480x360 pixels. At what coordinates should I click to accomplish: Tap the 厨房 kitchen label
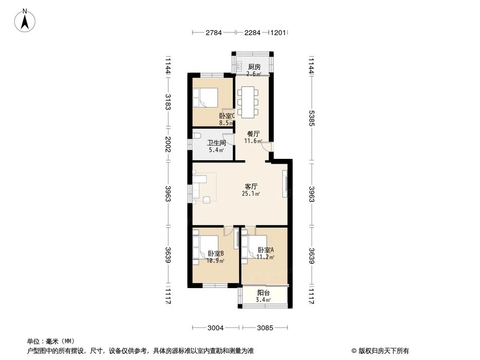tap(254, 67)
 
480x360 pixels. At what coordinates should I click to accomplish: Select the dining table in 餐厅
tap(248, 101)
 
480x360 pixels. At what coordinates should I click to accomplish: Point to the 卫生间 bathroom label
tap(216, 143)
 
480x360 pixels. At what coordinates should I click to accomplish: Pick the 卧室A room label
tap(265, 250)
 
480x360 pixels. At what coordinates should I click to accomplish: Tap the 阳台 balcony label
tap(263, 293)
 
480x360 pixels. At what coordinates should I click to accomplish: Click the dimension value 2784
tap(214, 33)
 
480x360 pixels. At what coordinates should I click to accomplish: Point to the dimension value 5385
tap(312, 118)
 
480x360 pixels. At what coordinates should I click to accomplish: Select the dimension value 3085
tap(265, 328)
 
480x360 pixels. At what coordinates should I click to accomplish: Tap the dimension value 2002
tap(168, 144)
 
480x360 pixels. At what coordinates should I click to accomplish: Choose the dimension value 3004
tap(216, 328)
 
